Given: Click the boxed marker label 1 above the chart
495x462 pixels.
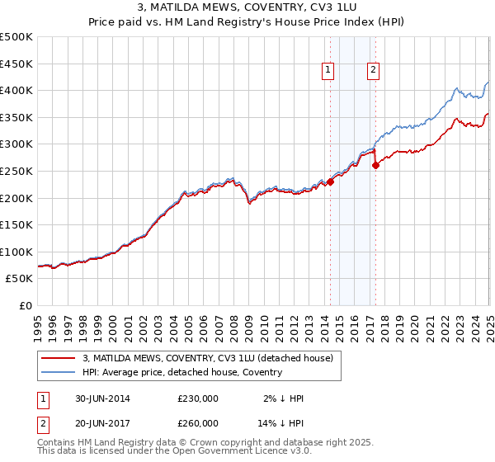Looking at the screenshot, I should coord(328,71).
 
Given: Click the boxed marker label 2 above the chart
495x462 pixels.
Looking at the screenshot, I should coord(373,71).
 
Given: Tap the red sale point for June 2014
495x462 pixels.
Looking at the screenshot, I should coord(330,181).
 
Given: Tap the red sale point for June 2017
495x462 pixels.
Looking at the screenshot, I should coord(375,165).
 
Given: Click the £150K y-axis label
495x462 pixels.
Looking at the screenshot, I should coord(16,224).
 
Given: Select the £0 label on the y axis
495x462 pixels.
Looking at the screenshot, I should coord(26,305).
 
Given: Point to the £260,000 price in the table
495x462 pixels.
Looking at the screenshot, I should coord(198,422).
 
